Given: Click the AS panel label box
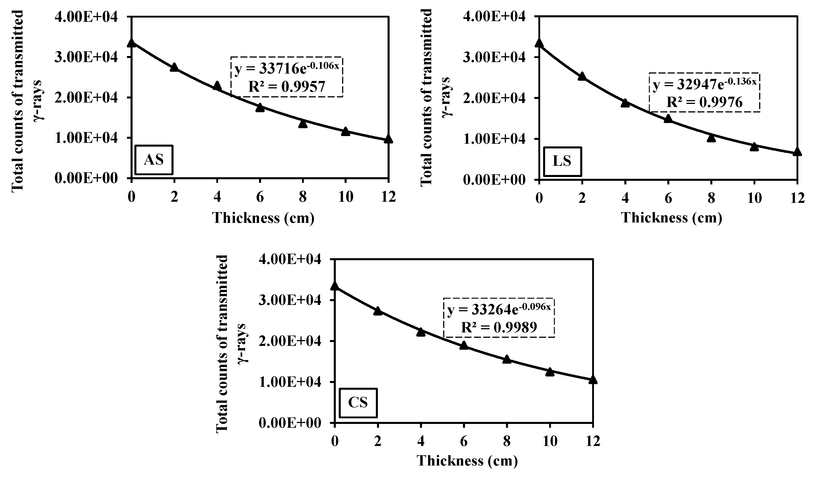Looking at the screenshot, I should click(154, 160).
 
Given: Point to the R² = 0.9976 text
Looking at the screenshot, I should click(704, 102).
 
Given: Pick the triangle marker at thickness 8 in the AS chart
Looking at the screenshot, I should click(303, 124).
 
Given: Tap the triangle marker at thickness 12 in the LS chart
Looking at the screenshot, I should click(797, 152).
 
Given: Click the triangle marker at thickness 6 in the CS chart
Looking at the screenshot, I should click(464, 345).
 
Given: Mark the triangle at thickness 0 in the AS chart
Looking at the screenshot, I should click(131, 43).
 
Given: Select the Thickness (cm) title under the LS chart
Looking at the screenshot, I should click(671, 218).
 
